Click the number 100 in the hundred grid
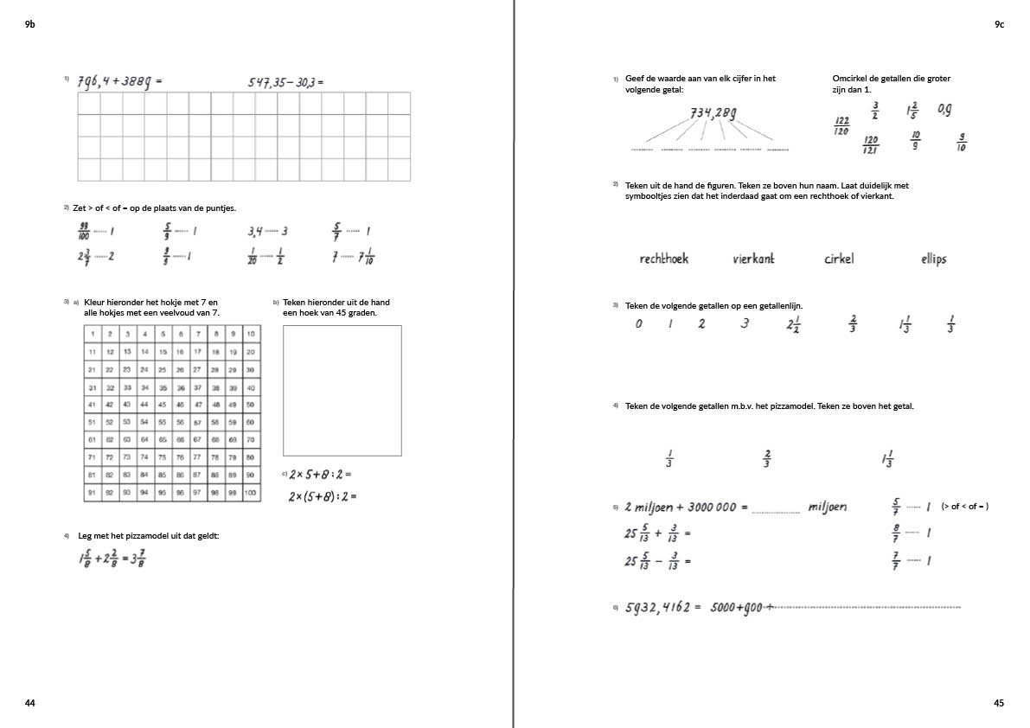coord(250,493)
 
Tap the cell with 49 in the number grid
coord(233,405)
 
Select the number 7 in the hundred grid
coord(197,334)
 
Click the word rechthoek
coord(663,259)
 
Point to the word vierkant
coord(753,259)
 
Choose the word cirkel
coord(838,259)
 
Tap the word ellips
coord(933,259)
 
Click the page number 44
coord(30,703)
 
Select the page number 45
coord(999,703)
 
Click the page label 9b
coord(30,25)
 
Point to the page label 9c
coord(999,25)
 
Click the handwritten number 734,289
coord(713,112)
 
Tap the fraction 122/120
coord(841,126)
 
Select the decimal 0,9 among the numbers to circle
coord(944,110)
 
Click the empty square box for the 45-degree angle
coord(342,390)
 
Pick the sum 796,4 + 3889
coord(118,82)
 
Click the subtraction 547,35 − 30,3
coord(285,82)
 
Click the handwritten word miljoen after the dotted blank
coord(828,507)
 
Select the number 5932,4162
coord(656,607)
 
